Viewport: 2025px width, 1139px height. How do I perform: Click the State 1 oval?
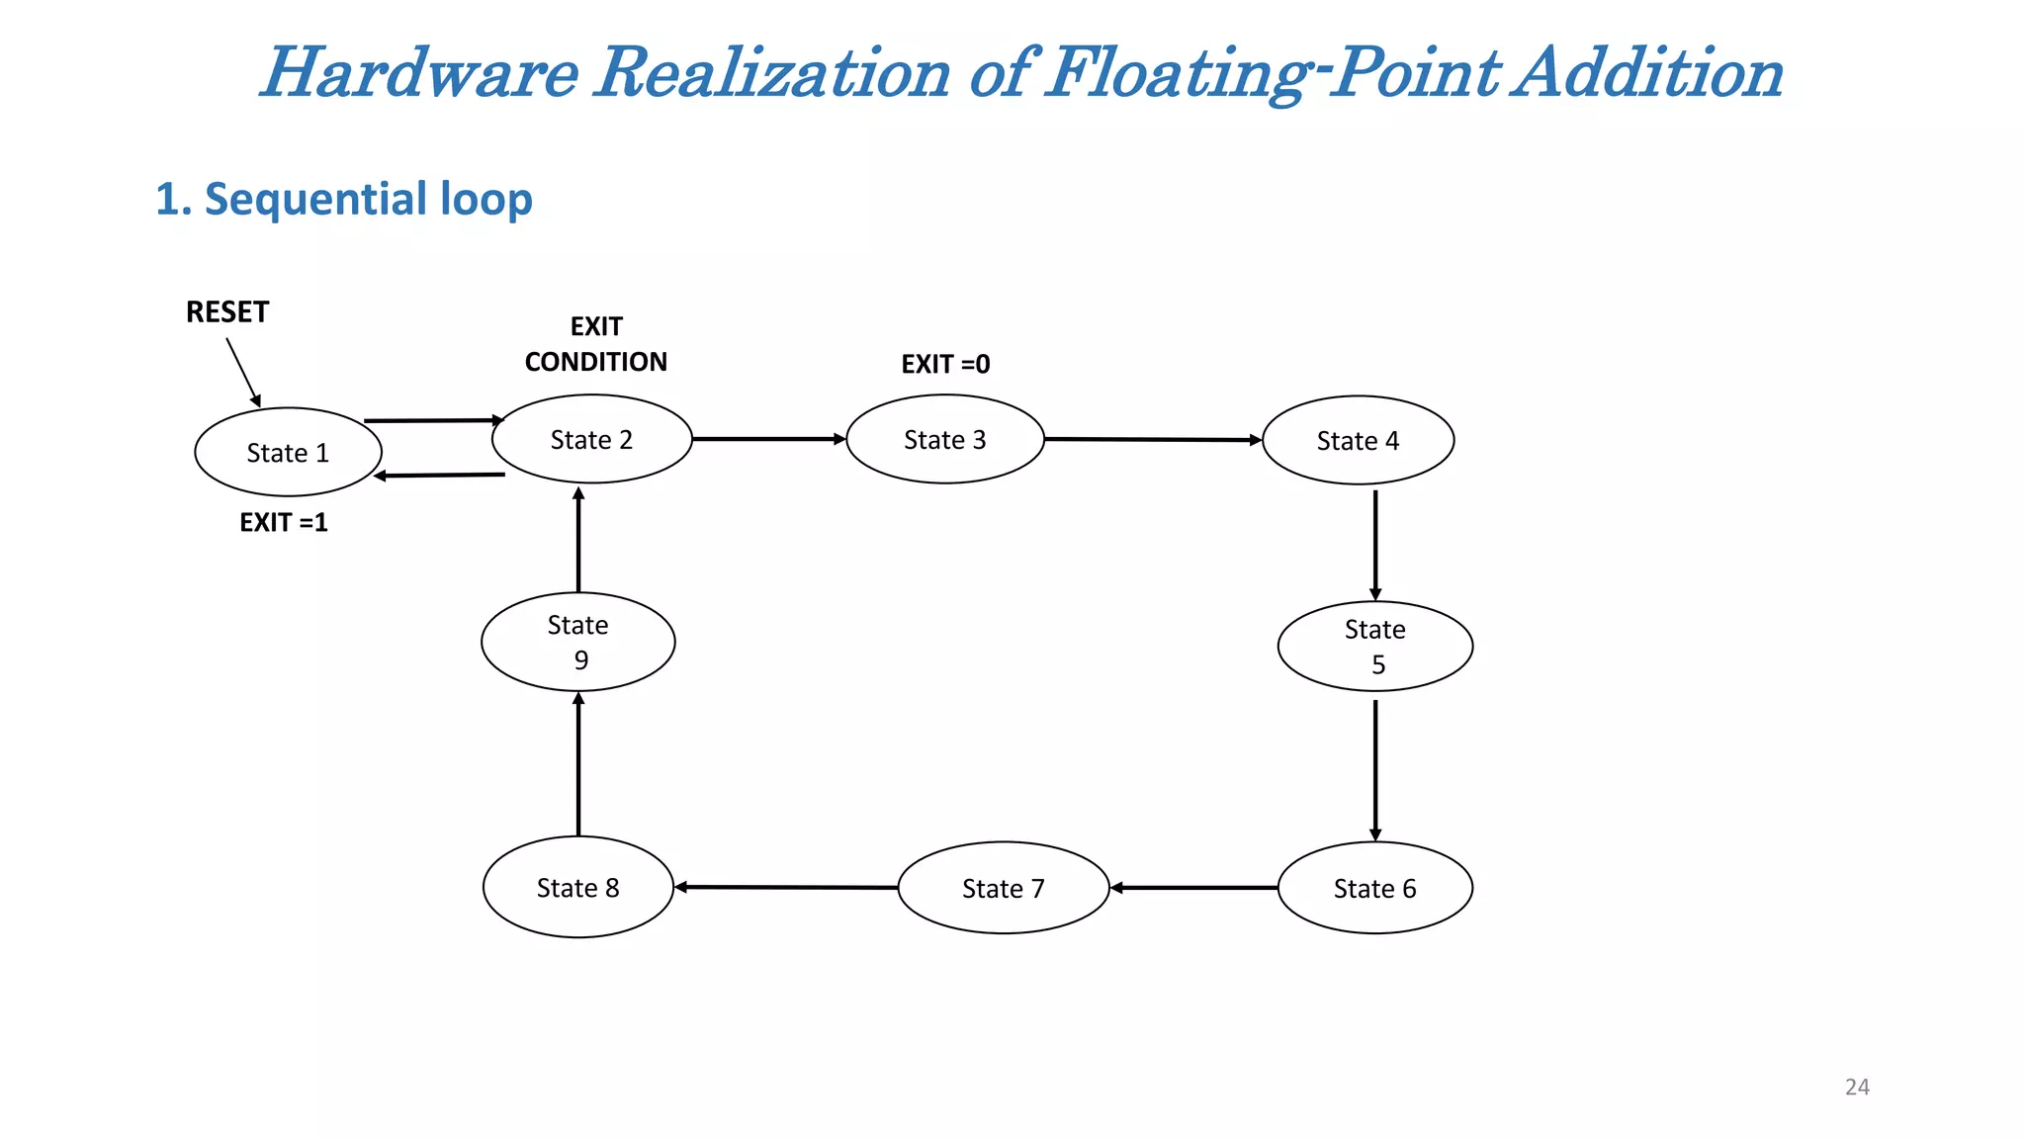pyautogui.click(x=288, y=452)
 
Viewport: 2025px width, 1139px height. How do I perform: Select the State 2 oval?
pyautogui.click(x=591, y=439)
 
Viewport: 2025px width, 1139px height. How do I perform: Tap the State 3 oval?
pyautogui.click(x=945, y=439)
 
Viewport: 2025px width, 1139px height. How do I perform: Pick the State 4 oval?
pyautogui.click(x=1358, y=440)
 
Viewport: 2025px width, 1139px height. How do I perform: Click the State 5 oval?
pyautogui.click(x=1374, y=646)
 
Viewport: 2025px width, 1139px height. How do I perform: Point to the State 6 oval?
pyautogui.click(x=1374, y=888)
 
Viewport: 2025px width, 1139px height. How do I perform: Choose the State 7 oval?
pyautogui.click(x=1003, y=888)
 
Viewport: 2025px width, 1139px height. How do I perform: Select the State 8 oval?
pyautogui.click(x=577, y=887)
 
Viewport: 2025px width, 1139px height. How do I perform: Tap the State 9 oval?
pyautogui.click(x=577, y=642)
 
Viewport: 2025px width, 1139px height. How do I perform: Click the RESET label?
pyautogui.click(x=227, y=312)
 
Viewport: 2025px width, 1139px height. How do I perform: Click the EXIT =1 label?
pyautogui.click(x=284, y=522)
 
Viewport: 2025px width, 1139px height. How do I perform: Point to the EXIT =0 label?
pyautogui.click(x=945, y=364)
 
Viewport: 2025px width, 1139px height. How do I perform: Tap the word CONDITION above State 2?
pyautogui.click(x=595, y=362)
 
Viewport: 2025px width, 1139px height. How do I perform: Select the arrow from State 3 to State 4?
pyautogui.click(x=1152, y=439)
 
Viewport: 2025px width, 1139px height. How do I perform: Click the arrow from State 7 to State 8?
pyautogui.click(x=786, y=887)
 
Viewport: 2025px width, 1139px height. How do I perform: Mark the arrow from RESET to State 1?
pyautogui.click(x=243, y=372)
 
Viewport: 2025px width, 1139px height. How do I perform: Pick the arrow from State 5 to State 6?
pyautogui.click(x=1374, y=769)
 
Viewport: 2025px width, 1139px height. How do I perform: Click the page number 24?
pyautogui.click(x=1857, y=1087)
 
